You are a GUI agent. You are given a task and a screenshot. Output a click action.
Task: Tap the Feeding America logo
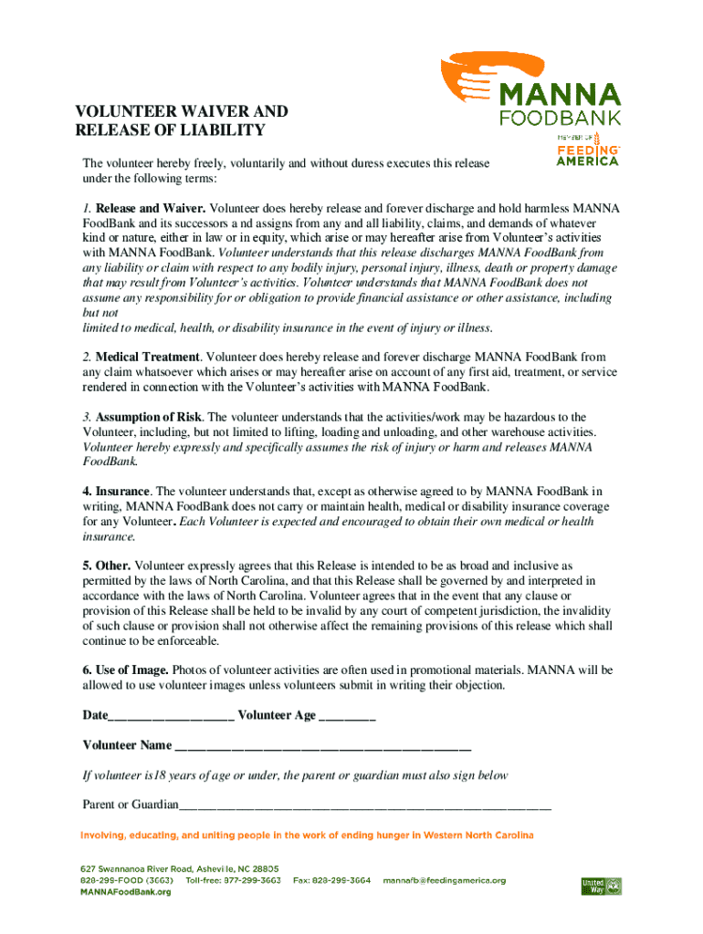click(x=588, y=150)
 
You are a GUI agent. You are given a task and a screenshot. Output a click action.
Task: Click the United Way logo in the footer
click(x=601, y=885)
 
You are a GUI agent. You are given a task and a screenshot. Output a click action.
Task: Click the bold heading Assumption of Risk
click(x=149, y=417)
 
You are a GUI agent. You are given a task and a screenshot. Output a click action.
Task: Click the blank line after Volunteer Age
click(x=347, y=717)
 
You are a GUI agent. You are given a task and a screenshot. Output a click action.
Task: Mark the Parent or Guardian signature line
click(x=365, y=806)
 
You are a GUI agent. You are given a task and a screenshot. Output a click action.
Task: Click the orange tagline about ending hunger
click(x=308, y=835)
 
